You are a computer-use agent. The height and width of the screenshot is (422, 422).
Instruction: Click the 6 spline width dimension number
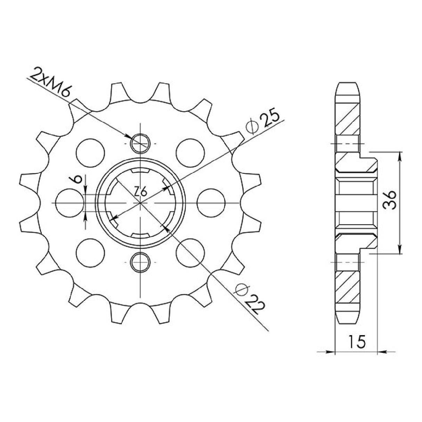point(78,179)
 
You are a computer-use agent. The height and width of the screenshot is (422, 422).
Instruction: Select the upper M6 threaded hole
point(140,143)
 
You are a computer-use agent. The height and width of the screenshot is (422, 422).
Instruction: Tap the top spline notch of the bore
point(140,171)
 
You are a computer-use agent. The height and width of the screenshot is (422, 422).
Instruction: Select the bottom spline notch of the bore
point(140,235)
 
